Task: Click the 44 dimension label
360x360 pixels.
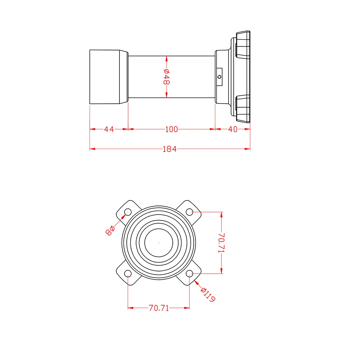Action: tap(109, 129)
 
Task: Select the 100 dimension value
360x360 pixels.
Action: tap(171, 129)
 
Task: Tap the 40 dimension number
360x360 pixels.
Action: tap(233, 129)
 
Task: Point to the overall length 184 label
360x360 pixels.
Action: tap(170, 149)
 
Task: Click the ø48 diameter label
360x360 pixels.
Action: tap(166, 77)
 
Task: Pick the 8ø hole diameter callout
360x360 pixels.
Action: tap(110, 230)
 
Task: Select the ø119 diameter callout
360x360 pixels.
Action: tap(208, 294)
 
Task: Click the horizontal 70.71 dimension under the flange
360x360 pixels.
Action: tap(159, 308)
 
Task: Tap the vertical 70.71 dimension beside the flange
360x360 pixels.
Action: tap(221, 243)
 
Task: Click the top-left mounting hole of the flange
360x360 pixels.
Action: tap(128, 212)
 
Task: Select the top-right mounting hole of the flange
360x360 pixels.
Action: tap(189, 212)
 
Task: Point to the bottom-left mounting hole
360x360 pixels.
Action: tap(128, 274)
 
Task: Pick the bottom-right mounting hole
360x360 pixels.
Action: tap(189, 274)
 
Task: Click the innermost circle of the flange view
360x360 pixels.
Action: tap(159, 229)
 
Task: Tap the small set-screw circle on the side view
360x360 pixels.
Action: tap(220, 77)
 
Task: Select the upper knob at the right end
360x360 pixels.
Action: tap(243, 45)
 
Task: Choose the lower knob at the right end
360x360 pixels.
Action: tap(243, 109)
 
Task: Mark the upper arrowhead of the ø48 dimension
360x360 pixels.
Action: tap(166, 59)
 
